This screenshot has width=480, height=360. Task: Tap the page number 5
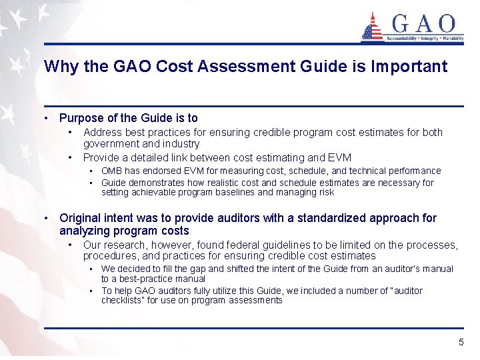[x=461, y=342]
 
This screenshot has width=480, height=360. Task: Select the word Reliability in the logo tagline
[x=449, y=39]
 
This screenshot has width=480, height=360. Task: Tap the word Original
[x=80, y=218]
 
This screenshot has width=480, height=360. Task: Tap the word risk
[x=325, y=193]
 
